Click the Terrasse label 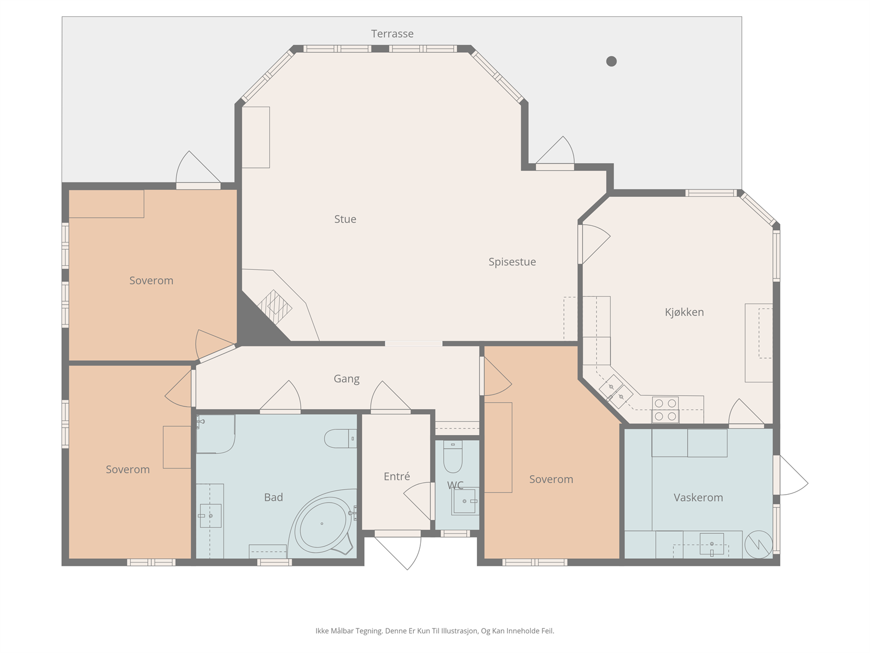pyautogui.click(x=392, y=34)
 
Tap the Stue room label pyautogui.click(x=345, y=219)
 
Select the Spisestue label pyautogui.click(x=512, y=262)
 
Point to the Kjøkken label pyautogui.click(x=685, y=312)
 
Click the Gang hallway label pyautogui.click(x=347, y=379)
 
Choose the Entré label pyautogui.click(x=397, y=476)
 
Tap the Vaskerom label pyautogui.click(x=698, y=497)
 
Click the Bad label pyautogui.click(x=274, y=497)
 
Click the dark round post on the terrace pyautogui.click(x=612, y=61)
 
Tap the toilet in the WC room pyautogui.click(x=452, y=457)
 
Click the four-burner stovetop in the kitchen pyautogui.click(x=666, y=410)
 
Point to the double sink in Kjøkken pyautogui.click(x=616, y=392)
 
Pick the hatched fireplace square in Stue pyautogui.click(x=275, y=307)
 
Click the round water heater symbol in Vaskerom pyautogui.click(x=759, y=545)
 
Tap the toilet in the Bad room pyautogui.click(x=340, y=439)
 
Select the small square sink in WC pyautogui.click(x=464, y=501)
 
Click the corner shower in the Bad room pyautogui.click(x=216, y=434)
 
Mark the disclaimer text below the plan pyautogui.click(x=435, y=631)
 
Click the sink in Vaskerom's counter pyautogui.click(x=712, y=544)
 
